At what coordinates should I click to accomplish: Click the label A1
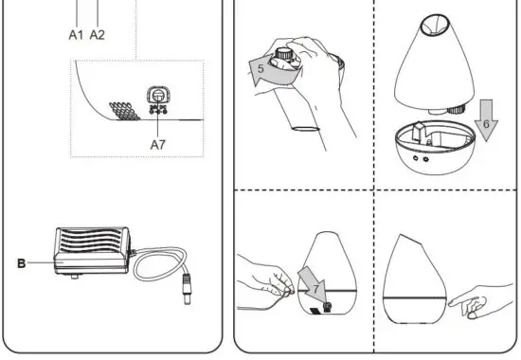(77, 34)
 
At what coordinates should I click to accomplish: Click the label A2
(98, 34)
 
